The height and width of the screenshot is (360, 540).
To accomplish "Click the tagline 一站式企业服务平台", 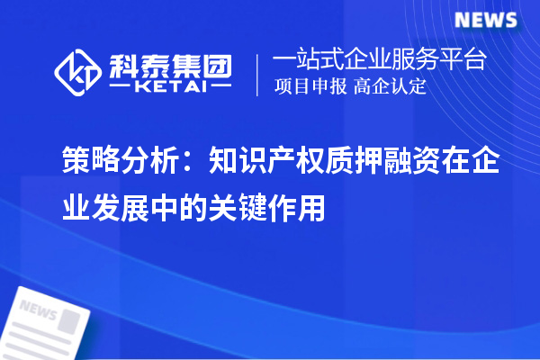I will tap(380, 61).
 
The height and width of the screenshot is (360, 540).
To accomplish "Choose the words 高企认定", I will tap(391, 87).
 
